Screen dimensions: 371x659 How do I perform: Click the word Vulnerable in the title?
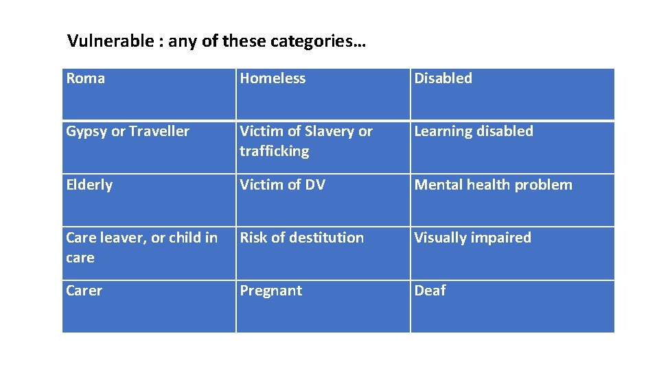point(110,41)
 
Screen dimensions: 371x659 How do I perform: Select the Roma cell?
point(149,93)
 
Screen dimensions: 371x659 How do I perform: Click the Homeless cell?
point(323,93)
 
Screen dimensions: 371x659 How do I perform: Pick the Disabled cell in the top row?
point(512,93)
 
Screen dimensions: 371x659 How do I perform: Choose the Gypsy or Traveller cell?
point(149,146)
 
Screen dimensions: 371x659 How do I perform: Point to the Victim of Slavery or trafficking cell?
point(323,146)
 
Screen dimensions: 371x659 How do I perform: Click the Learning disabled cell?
point(512,146)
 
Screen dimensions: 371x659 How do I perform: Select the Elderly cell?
point(149,199)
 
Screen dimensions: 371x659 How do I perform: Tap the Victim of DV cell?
point(323,199)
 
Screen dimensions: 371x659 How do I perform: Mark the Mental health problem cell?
point(512,199)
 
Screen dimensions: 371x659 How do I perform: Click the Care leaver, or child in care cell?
point(149,252)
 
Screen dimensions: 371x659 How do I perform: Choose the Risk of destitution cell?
point(323,252)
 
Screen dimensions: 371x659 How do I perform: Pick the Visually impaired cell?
point(512,252)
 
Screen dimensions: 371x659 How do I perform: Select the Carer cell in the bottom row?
point(149,306)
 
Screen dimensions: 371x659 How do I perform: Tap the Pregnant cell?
point(323,306)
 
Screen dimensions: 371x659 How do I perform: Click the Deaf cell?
point(512,306)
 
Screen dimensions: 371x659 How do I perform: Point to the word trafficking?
point(275,151)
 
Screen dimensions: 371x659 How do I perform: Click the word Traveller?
point(159,131)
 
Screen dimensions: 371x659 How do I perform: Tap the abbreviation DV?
point(314,185)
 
